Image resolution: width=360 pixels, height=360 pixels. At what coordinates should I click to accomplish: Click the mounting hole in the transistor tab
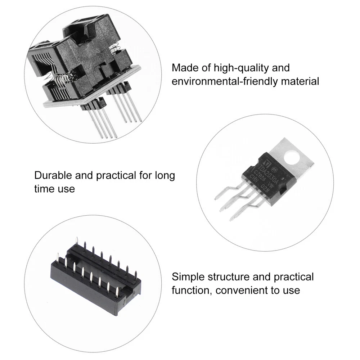292,157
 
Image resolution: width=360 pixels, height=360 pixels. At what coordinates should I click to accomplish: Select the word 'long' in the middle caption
165,176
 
